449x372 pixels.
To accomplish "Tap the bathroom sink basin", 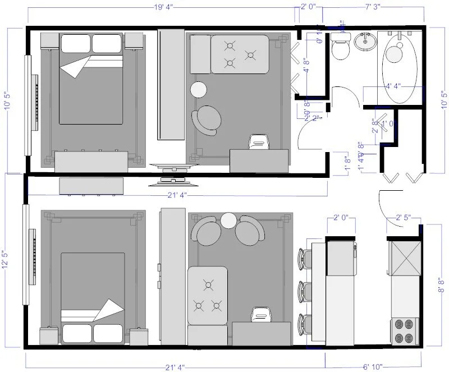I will coord(366,40).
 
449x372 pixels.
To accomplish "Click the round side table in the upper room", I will coord(199,90).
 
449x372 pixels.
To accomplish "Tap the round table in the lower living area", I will coord(229,221).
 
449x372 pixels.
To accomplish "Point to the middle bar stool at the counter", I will coord(304,291).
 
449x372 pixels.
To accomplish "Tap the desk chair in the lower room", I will coord(259,314).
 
